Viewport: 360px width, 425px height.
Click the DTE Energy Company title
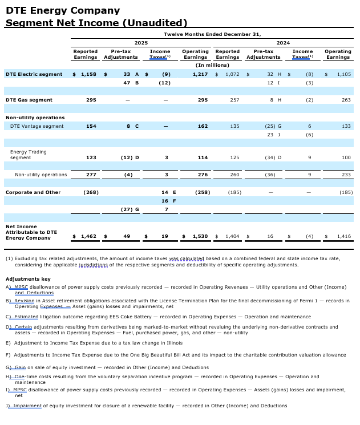63,10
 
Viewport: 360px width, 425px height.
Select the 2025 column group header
141,43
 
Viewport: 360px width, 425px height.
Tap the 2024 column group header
283,43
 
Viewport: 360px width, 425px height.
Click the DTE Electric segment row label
34,74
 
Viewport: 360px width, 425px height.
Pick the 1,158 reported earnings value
89,74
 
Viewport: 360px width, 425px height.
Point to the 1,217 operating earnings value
200,74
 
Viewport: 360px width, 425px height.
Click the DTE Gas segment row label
29,100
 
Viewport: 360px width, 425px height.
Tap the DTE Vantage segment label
37,126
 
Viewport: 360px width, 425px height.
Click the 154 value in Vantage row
91,126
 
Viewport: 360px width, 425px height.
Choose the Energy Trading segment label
29,155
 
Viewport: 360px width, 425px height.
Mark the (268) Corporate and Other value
91,192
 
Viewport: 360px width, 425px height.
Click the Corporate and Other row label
33,192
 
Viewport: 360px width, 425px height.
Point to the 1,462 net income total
88,236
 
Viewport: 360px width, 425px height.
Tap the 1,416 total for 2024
344,236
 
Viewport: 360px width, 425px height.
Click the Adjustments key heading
28,279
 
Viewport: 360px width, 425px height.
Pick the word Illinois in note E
173,343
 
